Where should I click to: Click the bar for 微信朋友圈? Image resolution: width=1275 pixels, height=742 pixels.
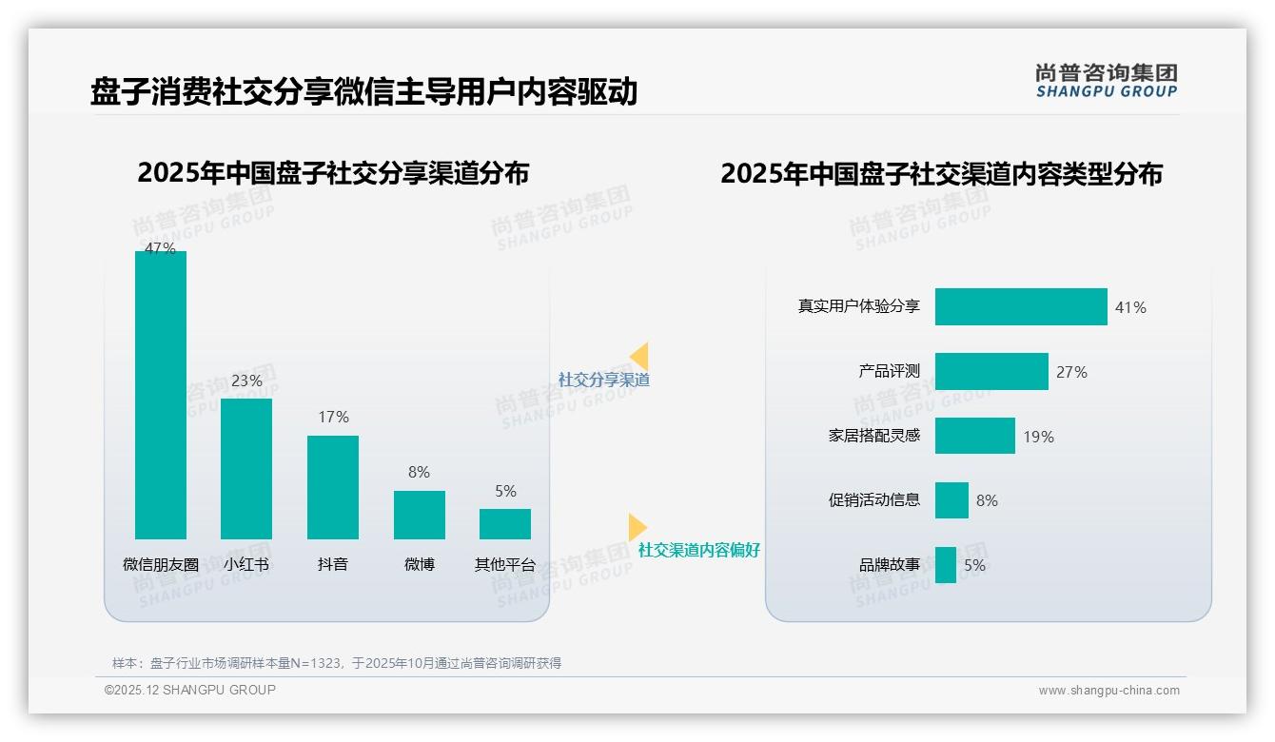pyautogui.click(x=161, y=395)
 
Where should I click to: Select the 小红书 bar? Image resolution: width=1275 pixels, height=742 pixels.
pyautogui.click(x=246, y=468)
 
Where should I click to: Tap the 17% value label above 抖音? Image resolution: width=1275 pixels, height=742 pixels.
pyautogui.click(x=333, y=417)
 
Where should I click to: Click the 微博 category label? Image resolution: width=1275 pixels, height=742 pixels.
pyautogui.click(x=420, y=564)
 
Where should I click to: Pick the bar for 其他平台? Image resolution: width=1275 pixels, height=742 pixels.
pyautogui.click(x=505, y=524)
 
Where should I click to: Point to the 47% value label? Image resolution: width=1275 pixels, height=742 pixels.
pyautogui.click(x=160, y=248)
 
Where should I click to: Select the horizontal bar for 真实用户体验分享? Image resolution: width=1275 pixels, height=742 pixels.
pyautogui.click(x=1020, y=306)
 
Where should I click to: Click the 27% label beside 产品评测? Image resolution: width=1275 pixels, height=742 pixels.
pyautogui.click(x=1071, y=372)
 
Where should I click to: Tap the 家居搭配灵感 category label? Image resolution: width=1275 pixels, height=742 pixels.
pyautogui.click(x=874, y=436)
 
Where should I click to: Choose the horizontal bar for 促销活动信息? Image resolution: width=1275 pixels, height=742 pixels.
pyautogui.click(x=951, y=500)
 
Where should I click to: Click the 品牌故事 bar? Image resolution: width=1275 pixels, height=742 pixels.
pyautogui.click(x=946, y=565)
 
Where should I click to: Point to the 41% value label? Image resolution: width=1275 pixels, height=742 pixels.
pyautogui.click(x=1130, y=307)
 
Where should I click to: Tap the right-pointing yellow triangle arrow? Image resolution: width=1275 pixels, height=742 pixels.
pyautogui.click(x=637, y=526)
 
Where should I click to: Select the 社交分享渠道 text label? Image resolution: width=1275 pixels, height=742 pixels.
pyautogui.click(x=603, y=380)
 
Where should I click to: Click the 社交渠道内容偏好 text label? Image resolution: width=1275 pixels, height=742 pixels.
pyautogui.click(x=698, y=550)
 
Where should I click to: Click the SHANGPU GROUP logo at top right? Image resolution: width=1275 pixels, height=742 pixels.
pyautogui.click(x=1106, y=81)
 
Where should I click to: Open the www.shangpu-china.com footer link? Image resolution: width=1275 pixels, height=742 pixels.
pyautogui.click(x=1108, y=691)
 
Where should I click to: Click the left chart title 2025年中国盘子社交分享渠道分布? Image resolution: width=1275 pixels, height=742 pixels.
pyautogui.click(x=333, y=174)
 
